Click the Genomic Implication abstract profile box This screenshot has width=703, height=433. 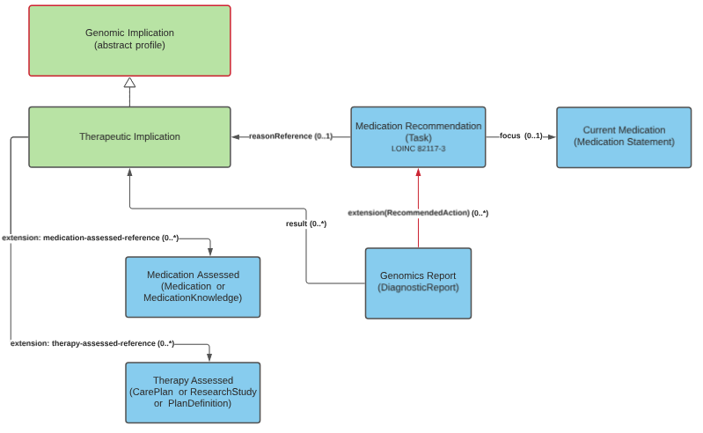click(129, 40)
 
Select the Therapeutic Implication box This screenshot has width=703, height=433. click(129, 136)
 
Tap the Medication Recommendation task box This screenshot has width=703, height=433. click(418, 136)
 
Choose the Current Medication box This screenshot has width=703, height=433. click(624, 136)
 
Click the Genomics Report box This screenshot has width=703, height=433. click(418, 283)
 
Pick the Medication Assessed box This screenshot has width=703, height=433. click(193, 286)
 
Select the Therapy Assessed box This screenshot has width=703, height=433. click(193, 392)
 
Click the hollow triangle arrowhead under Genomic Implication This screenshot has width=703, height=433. click(129, 83)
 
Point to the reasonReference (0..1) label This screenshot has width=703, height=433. click(290, 136)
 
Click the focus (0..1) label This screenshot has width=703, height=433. click(521, 136)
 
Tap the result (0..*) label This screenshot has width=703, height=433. click(306, 224)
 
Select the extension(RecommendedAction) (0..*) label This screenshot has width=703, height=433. click(418, 213)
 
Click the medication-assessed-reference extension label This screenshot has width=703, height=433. click(91, 238)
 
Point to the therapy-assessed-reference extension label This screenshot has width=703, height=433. click(92, 343)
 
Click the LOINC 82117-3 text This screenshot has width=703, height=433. click(418, 150)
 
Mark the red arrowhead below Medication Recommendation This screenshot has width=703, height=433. click(418, 172)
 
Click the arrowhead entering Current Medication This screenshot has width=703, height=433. click(551, 136)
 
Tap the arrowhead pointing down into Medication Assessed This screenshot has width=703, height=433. click(209, 252)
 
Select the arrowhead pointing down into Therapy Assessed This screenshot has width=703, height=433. click(209, 356)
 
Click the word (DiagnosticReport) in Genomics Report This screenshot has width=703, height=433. click(418, 288)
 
